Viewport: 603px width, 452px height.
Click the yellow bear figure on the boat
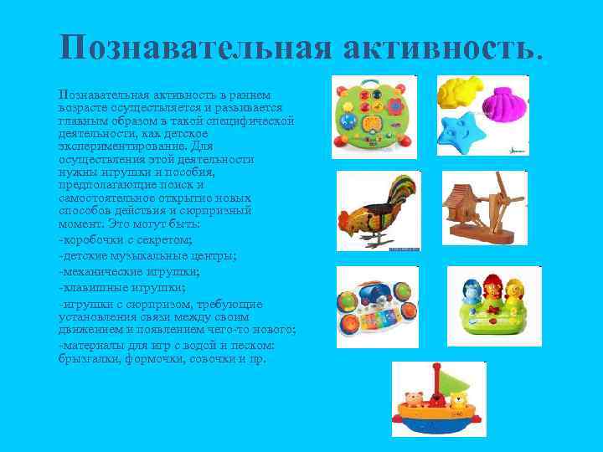[458, 401]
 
